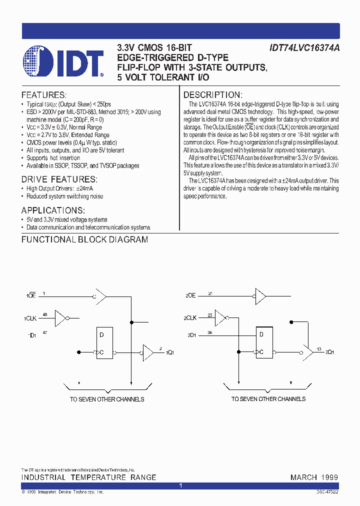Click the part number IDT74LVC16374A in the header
point(305,48)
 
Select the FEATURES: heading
point(43,95)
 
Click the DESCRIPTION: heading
point(213,95)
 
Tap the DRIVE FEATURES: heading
point(59,179)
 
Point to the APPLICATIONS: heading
point(53,210)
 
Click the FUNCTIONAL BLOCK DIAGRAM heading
point(84,239)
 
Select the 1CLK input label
point(31,318)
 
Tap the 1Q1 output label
point(170,352)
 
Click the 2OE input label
point(190,296)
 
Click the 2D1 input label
point(192,335)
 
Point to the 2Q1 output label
point(330,352)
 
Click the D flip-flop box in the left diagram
point(104,343)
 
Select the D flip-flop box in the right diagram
point(264,343)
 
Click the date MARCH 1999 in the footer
point(314,477)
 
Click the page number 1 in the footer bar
point(180,485)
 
